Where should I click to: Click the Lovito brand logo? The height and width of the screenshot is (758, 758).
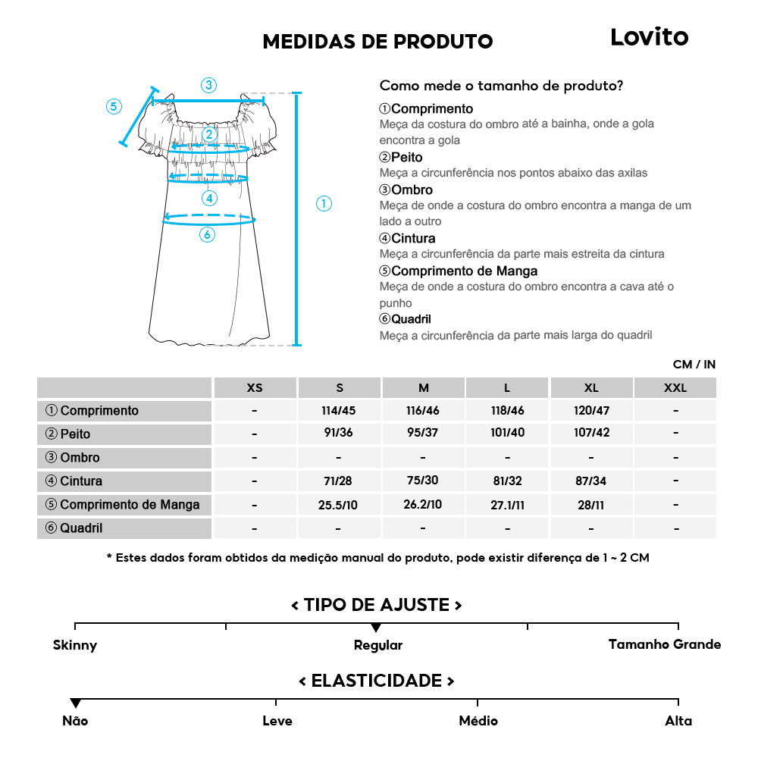click(649, 37)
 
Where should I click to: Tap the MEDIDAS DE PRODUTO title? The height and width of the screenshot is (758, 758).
click(377, 41)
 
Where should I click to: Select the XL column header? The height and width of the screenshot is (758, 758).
click(591, 388)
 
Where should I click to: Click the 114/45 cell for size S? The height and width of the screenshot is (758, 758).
click(339, 411)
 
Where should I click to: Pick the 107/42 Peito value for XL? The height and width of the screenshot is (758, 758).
click(591, 434)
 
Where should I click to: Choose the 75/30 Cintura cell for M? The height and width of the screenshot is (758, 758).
click(423, 481)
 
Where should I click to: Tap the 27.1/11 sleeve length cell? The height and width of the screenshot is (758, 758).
click(507, 505)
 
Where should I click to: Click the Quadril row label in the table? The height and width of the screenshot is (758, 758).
click(81, 528)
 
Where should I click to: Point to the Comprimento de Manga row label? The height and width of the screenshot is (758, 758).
click(130, 505)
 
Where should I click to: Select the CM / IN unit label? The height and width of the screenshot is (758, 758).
click(694, 365)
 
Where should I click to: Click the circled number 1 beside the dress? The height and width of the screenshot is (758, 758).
click(324, 203)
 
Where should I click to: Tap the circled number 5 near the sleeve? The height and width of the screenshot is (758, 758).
click(114, 106)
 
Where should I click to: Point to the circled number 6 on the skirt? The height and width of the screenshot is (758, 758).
click(207, 235)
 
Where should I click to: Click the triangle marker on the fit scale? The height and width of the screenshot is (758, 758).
click(376, 628)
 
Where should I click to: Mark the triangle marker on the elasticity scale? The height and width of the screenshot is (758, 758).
click(75, 703)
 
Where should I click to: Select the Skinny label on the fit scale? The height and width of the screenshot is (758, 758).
click(75, 646)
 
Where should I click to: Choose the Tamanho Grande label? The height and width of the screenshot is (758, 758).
click(665, 645)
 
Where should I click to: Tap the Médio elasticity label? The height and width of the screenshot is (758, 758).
click(478, 721)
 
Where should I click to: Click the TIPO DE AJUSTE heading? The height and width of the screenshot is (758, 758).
click(377, 605)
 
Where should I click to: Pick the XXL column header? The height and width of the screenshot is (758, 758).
click(675, 388)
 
